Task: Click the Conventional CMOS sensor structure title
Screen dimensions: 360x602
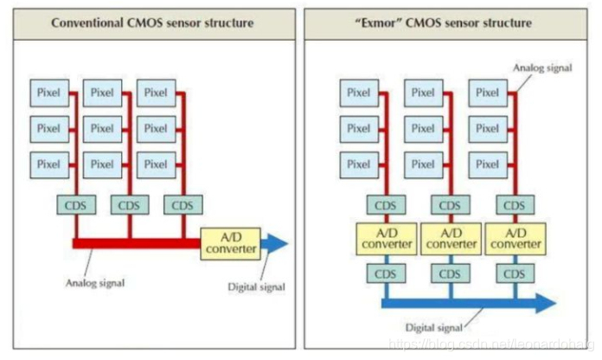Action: pyautogui.click(x=153, y=22)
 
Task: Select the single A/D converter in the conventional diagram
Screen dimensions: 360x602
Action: pyautogui.click(x=229, y=243)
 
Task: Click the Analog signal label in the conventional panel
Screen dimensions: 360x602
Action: pyautogui.click(x=95, y=282)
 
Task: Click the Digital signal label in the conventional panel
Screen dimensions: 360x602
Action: pyautogui.click(x=255, y=286)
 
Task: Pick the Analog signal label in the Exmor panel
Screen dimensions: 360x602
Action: pyautogui.click(x=540, y=66)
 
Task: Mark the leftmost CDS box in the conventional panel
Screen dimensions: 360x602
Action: pyautogui.click(x=75, y=205)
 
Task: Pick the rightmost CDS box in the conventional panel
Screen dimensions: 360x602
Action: pyautogui.click(x=183, y=205)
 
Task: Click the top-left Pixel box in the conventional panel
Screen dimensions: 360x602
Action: pyautogui.click(x=48, y=93)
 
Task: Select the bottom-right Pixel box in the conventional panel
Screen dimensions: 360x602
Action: pyautogui.click(x=156, y=164)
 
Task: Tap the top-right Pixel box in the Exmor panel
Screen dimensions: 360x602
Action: pyautogui.click(x=487, y=93)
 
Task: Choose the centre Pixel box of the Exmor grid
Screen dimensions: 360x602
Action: pyautogui.click(x=423, y=128)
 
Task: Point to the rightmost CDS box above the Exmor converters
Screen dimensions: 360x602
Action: pyautogui.click(x=514, y=205)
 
